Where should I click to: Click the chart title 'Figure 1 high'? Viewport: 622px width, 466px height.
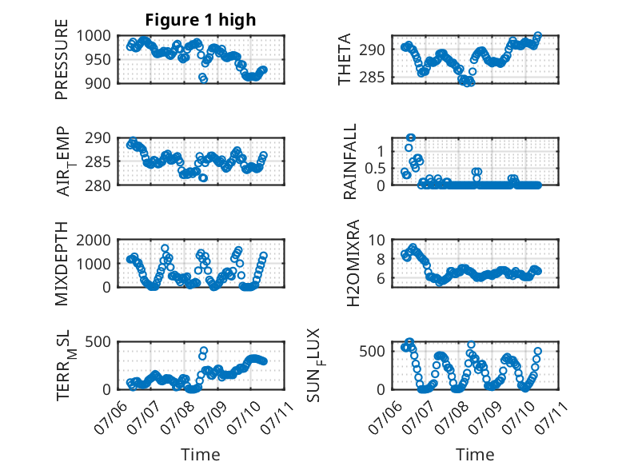(x=201, y=20)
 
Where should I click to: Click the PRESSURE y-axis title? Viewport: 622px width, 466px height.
(x=62, y=59)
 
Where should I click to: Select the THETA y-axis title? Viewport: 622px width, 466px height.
(x=345, y=59)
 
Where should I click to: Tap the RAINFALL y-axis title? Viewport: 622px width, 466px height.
(x=350, y=161)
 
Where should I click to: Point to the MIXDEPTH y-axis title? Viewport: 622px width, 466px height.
(x=62, y=264)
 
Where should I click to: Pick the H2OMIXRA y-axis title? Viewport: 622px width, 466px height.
(x=353, y=263)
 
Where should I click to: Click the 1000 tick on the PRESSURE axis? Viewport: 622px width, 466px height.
(x=94, y=36)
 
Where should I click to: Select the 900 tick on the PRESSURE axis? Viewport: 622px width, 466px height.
(x=98, y=83)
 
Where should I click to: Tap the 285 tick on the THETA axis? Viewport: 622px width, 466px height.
(x=372, y=78)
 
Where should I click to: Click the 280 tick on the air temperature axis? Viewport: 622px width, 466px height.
(x=98, y=185)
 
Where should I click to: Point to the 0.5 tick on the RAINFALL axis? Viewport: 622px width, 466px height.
(x=374, y=168)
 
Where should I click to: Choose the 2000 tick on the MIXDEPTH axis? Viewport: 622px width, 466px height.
(x=94, y=240)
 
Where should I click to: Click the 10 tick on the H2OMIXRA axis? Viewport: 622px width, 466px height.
(x=377, y=240)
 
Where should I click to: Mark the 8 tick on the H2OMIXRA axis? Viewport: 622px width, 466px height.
(x=381, y=259)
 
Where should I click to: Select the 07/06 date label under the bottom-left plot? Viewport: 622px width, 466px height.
(x=110, y=416)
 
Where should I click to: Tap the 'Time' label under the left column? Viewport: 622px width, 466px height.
(x=201, y=454)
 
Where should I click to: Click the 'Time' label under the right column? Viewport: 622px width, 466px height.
(x=475, y=454)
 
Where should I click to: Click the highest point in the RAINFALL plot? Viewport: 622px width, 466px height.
(x=411, y=137)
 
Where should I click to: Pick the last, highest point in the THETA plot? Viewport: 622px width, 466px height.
(x=537, y=36)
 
